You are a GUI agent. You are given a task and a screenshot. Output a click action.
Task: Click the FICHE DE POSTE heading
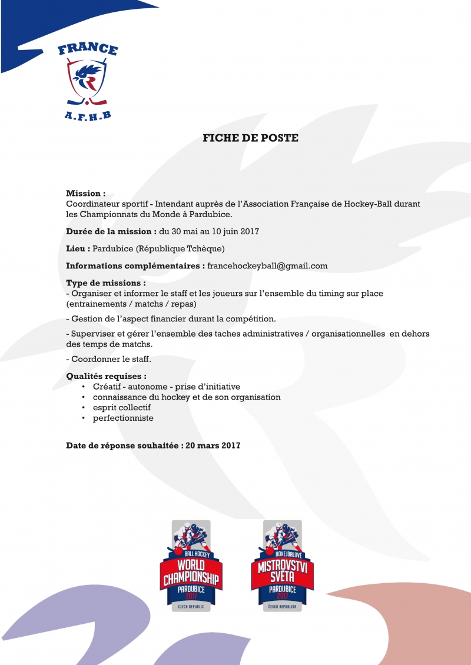pos(250,138)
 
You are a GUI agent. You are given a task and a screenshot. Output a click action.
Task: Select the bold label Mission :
pos(86,193)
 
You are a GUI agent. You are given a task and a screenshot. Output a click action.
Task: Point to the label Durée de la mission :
pos(111,231)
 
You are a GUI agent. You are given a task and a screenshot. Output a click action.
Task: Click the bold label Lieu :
pos(78,248)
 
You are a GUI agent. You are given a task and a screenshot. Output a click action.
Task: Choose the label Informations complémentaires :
pos(135,266)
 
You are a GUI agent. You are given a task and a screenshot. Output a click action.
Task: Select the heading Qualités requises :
pos(107,376)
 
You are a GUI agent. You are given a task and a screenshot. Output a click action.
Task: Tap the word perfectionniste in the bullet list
pos(123,418)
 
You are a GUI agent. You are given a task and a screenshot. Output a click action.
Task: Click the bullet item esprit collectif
pos(122,407)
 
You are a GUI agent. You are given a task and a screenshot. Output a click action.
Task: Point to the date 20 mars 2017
pos(213,445)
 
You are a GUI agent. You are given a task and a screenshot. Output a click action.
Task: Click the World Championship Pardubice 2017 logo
pos(191,566)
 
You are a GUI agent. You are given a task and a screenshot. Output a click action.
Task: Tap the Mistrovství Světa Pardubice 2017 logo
pos(282,566)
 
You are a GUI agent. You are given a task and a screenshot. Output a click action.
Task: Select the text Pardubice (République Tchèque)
pos(159,248)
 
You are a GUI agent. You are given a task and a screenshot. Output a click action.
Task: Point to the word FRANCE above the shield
pos(88,50)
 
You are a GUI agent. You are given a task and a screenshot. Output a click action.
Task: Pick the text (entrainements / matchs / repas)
pos(131,304)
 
